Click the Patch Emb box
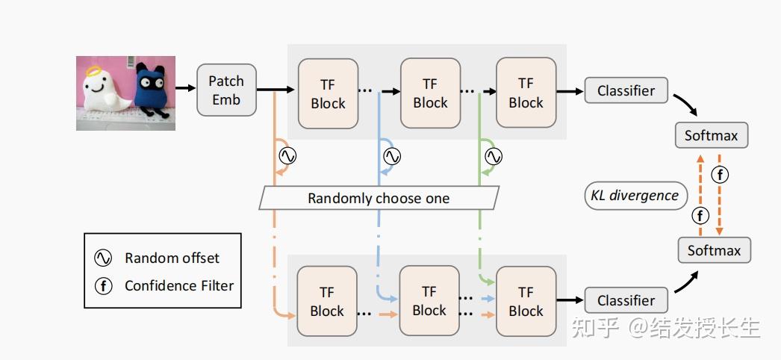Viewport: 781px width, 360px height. coord(226,90)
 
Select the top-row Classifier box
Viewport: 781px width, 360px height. coord(626,90)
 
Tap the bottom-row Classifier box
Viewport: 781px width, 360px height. coord(626,300)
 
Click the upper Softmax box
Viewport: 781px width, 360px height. coord(711,135)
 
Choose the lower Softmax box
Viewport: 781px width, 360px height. coord(714,250)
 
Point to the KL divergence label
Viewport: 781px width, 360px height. coord(635,196)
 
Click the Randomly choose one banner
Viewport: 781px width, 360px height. coord(379,198)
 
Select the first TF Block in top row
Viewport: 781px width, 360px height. coord(328,93)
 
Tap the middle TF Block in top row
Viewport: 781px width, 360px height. coord(430,93)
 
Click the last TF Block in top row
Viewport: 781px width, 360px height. coord(526,93)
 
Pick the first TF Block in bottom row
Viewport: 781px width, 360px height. coord(327,302)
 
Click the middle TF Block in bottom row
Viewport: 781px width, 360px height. coord(429,301)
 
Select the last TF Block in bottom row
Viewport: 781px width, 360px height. coord(526,301)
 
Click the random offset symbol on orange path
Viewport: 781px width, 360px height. coord(287,156)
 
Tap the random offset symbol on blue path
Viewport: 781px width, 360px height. coord(391,156)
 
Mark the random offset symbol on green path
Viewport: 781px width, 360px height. coord(494,156)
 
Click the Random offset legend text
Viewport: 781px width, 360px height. coord(172,258)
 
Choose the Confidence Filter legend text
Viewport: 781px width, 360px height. coord(179,285)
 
